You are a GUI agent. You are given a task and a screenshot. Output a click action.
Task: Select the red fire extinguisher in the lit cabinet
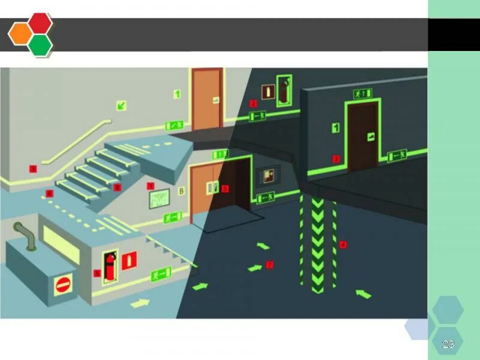(x=110, y=267)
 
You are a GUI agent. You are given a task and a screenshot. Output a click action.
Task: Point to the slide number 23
(x=448, y=344)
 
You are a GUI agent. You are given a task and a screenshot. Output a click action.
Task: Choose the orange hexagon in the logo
(x=19, y=34)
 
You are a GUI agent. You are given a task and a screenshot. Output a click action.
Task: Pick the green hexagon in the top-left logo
(x=40, y=44)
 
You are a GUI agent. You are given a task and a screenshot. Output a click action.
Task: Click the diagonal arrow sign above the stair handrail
(x=122, y=106)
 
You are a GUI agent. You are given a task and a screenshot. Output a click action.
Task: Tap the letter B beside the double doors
(x=181, y=192)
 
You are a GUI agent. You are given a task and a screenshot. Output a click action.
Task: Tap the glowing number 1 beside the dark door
(x=337, y=127)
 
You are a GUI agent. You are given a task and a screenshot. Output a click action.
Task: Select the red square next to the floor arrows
(x=269, y=265)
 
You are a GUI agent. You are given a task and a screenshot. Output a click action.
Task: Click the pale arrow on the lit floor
(x=140, y=302)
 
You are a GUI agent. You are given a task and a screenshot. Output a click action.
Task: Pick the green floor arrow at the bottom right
(x=363, y=293)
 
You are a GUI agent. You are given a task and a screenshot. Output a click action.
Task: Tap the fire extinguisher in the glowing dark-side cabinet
(x=283, y=89)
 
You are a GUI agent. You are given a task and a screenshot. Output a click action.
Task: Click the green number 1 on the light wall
(x=177, y=94)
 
